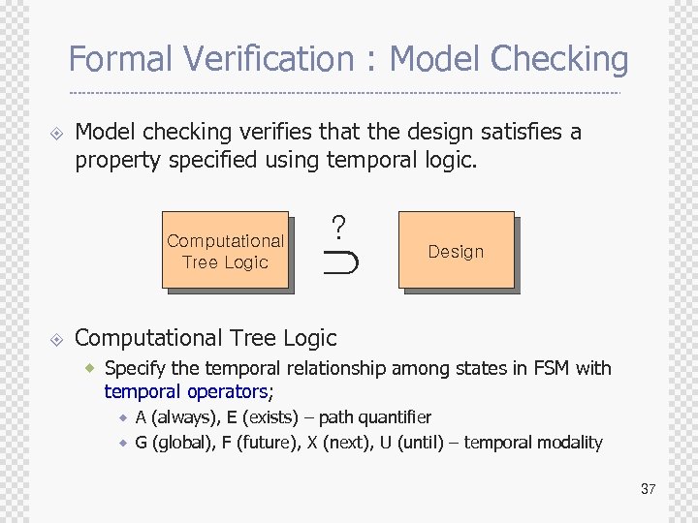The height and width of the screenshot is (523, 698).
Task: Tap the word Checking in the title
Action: tap(559, 60)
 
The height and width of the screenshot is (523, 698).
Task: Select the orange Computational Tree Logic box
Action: tap(225, 251)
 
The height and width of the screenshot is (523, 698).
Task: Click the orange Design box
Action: tap(456, 251)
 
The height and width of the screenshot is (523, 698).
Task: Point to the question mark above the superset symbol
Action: tap(338, 228)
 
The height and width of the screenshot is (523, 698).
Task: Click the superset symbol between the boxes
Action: tap(341, 261)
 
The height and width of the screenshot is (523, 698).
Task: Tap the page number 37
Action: tap(648, 489)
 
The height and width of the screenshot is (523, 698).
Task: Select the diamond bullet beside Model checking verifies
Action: tap(56, 133)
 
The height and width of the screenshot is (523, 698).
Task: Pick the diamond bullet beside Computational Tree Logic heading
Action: tap(56, 339)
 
